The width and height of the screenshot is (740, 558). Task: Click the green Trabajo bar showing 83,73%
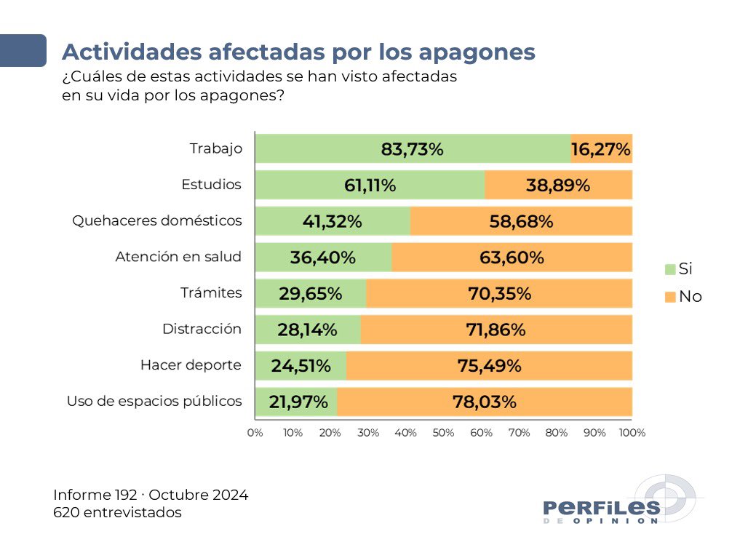click(x=412, y=149)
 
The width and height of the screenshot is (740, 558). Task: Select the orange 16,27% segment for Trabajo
click(x=601, y=149)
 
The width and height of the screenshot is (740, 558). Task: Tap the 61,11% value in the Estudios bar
click(x=370, y=186)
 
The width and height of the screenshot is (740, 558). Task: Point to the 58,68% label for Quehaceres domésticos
click(x=521, y=222)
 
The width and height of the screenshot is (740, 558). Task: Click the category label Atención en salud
click(x=178, y=257)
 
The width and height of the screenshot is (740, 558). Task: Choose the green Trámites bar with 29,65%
click(x=310, y=294)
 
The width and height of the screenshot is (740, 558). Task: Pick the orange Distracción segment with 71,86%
click(x=496, y=330)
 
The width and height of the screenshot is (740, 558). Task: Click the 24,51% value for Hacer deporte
click(x=301, y=366)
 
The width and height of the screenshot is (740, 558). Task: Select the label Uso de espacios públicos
click(x=154, y=401)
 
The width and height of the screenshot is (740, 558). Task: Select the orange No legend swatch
click(x=670, y=297)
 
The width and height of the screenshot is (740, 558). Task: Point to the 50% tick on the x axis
click(x=443, y=433)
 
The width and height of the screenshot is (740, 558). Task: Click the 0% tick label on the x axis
click(x=255, y=433)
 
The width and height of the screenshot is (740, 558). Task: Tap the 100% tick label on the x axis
click(x=632, y=433)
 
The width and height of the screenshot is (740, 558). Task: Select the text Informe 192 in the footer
click(x=95, y=495)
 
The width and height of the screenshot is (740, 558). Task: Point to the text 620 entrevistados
click(x=117, y=512)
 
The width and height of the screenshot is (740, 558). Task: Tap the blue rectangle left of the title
click(x=23, y=50)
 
